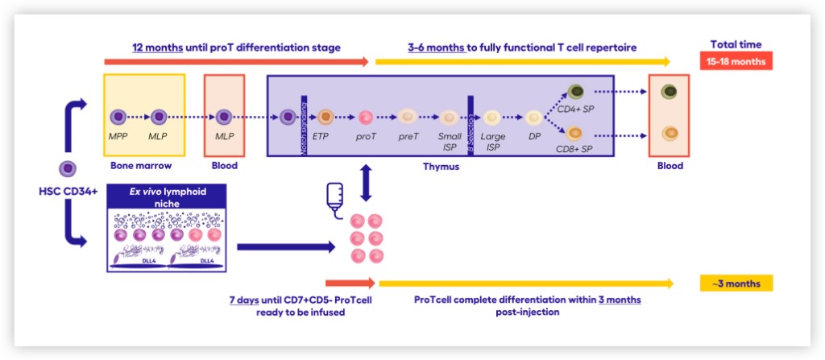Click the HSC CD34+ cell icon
[x=68, y=169]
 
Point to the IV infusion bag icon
[x=335, y=198]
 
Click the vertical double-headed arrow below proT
[x=366, y=183]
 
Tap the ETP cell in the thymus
[x=326, y=118]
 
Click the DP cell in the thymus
[x=533, y=118]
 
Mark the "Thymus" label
[x=441, y=167]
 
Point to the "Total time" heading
[x=736, y=44]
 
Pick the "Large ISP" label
[x=492, y=142]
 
